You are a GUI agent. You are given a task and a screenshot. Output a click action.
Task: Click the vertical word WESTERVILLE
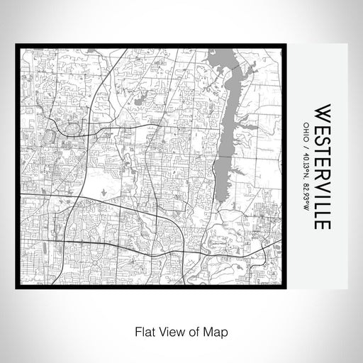click(321, 167)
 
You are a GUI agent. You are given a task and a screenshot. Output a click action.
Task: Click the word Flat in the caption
click(142, 330)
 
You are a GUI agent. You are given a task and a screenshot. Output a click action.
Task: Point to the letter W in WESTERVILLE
click(321, 112)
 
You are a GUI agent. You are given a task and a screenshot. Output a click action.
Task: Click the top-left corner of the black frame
click(16, 45)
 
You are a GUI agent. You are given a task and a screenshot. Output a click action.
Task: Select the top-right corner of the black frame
click(288, 45)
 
